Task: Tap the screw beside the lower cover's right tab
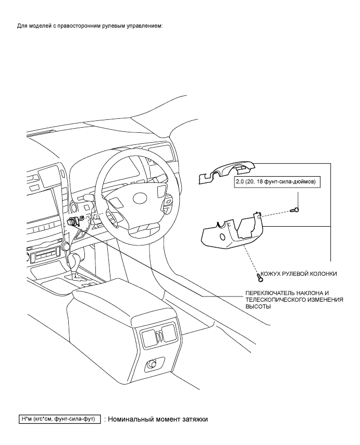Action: click(295, 209)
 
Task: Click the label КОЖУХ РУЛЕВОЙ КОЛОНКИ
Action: click(299, 274)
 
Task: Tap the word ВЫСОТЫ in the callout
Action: click(258, 307)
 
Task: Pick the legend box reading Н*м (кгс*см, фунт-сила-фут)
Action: click(60, 418)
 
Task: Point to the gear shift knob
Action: click(67, 245)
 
